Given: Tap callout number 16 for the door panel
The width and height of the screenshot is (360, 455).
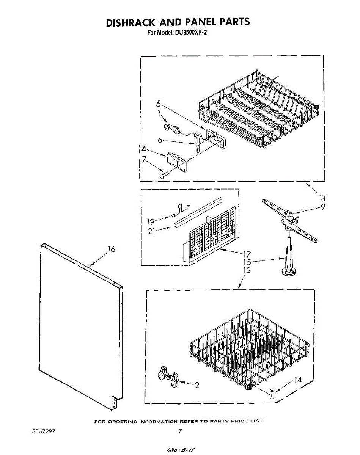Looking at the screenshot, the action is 111,249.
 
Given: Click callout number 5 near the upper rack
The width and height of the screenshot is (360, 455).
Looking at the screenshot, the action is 159,104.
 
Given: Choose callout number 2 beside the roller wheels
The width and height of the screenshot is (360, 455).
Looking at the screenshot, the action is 197,385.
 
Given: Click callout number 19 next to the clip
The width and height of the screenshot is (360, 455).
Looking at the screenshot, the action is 150,222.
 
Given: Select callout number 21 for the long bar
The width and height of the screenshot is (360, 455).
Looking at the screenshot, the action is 152,231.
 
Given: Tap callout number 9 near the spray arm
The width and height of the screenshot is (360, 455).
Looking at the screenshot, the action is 322,207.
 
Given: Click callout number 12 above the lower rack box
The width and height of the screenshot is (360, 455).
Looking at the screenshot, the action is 247,270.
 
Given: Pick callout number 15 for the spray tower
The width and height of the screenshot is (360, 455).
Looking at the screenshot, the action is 247,262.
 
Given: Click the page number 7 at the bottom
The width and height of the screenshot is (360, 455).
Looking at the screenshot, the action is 180,431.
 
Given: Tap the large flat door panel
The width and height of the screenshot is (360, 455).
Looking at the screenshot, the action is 80,326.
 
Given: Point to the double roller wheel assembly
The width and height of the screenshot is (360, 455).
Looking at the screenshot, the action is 168,378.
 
